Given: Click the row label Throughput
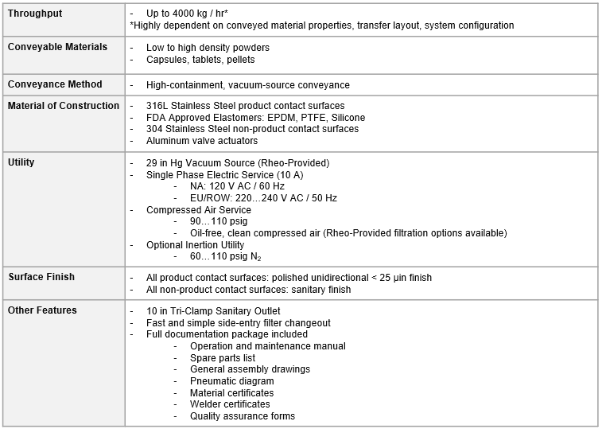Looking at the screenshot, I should click(x=35, y=14).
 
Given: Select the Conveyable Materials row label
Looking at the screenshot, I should click(x=57, y=47).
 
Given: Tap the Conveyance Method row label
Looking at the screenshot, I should click(x=55, y=84).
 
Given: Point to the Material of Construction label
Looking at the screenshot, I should click(x=64, y=105).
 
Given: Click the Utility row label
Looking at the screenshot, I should click(x=21, y=162).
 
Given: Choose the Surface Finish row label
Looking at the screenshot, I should click(x=41, y=276).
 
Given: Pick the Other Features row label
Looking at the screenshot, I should click(x=42, y=310).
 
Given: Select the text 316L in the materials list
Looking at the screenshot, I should click(x=157, y=106).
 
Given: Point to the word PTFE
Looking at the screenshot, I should click(x=289, y=117).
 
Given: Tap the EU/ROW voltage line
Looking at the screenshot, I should click(x=263, y=198).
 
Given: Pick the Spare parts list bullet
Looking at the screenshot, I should click(x=222, y=358).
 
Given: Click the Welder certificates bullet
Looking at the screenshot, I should click(x=230, y=404).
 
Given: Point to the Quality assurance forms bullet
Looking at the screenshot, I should click(x=242, y=416).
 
